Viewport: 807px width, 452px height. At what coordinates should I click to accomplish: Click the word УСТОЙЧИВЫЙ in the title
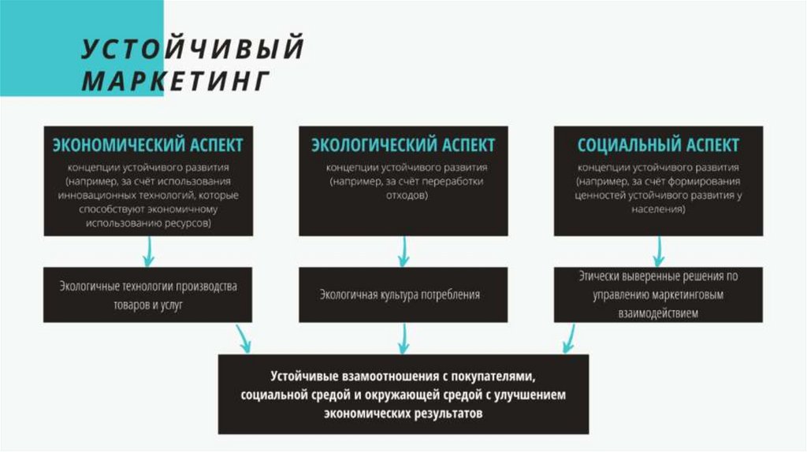[193, 49]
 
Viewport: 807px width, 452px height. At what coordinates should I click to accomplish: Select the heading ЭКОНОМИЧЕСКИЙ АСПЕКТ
[147, 146]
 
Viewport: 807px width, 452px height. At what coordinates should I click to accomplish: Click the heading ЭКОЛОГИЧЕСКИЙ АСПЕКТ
[403, 146]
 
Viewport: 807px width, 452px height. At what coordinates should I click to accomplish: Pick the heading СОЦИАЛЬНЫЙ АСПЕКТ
[658, 146]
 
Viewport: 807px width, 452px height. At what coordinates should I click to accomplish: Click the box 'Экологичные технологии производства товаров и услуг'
[147, 295]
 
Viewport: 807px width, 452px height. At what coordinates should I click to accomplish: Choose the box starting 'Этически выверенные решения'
[658, 295]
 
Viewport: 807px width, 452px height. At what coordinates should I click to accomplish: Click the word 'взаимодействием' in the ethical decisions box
[658, 313]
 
